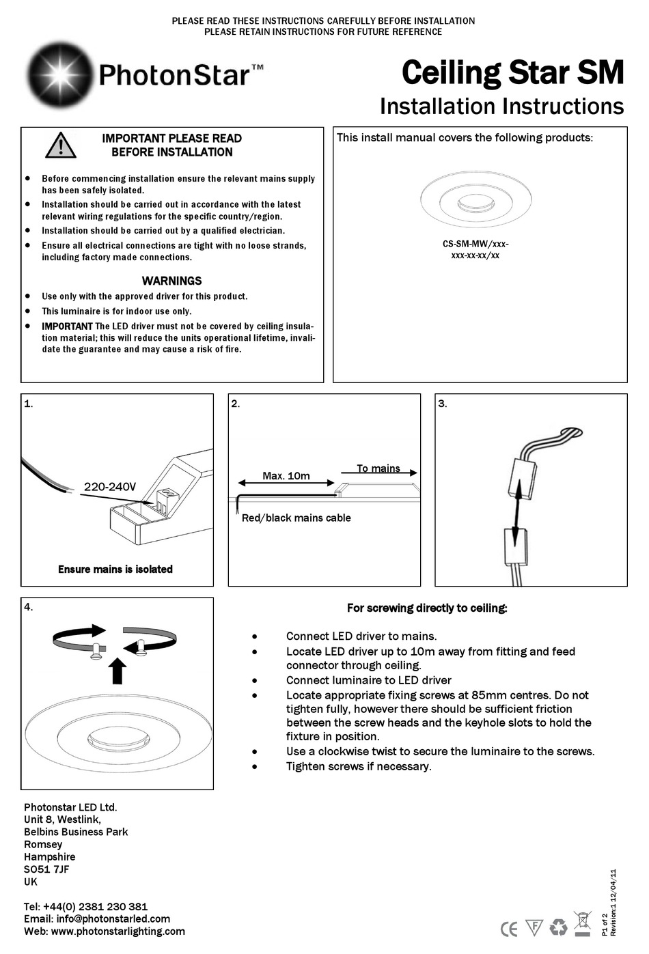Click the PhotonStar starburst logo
click(x=59, y=74)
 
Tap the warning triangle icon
click(x=60, y=145)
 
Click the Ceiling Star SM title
click(x=512, y=72)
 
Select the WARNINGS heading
click(x=171, y=281)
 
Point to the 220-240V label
click(x=109, y=487)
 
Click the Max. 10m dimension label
click(x=286, y=475)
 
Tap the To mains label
click(x=378, y=468)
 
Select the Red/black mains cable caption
click(x=296, y=518)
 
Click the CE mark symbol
click(x=509, y=928)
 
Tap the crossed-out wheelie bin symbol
click(x=582, y=923)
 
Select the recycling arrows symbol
click(x=559, y=927)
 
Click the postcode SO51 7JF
click(x=46, y=869)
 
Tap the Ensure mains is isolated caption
click(x=115, y=569)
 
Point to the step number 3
click(x=442, y=404)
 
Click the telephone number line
click(x=85, y=906)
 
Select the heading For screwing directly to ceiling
click(x=427, y=608)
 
